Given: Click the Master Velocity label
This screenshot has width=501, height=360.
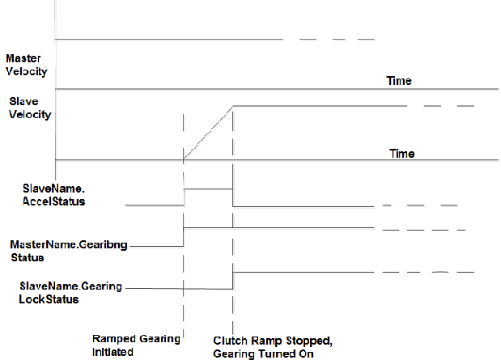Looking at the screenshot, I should click(26, 65).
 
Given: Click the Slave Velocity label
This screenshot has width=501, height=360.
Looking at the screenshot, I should click(30, 108).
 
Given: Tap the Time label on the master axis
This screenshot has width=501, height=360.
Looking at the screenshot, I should click(399, 81).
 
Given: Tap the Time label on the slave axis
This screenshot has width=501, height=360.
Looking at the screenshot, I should click(402, 154).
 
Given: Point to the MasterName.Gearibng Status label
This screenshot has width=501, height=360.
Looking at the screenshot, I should click(68, 249).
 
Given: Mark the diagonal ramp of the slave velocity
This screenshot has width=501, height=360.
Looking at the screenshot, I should click(208, 132).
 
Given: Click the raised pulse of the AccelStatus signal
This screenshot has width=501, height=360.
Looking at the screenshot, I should click(208, 188).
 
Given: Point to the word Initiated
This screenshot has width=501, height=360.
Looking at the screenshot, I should click(114, 352).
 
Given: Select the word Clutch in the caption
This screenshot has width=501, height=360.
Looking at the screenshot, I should click(229, 341).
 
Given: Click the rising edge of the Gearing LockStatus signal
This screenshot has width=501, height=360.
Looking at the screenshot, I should click(233, 279).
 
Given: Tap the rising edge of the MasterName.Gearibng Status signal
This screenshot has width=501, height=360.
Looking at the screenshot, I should click(185, 236).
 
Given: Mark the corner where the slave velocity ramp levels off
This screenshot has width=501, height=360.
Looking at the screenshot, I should click(233, 106).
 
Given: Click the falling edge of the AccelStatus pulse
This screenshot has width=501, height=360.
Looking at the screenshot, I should click(233, 197).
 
